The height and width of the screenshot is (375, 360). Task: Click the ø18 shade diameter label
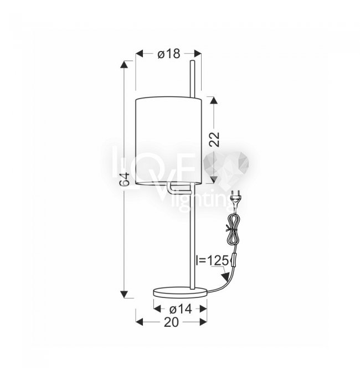click(x=168, y=54)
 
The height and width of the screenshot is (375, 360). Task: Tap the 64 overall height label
click(x=125, y=179)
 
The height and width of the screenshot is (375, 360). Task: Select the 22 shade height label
click(x=214, y=139)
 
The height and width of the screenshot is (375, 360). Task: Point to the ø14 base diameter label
click(x=181, y=309)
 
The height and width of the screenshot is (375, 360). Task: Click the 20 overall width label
click(x=171, y=322)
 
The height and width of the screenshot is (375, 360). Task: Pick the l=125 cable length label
click(x=212, y=260)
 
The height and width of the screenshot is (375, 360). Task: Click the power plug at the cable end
click(x=235, y=198)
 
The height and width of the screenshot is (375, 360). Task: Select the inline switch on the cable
click(x=233, y=259)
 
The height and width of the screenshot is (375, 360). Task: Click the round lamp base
click(x=180, y=292)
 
